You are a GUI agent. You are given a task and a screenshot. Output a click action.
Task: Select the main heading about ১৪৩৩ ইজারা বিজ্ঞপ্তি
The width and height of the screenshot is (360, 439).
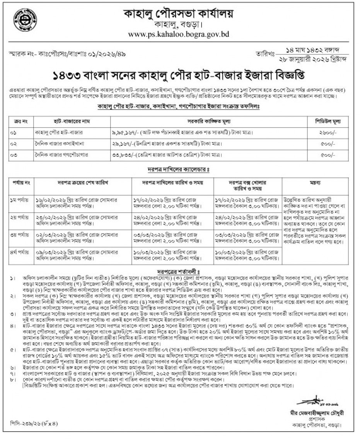click(x=180, y=73)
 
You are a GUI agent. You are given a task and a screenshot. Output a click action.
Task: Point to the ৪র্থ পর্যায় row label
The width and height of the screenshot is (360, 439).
click(x=19, y=252)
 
